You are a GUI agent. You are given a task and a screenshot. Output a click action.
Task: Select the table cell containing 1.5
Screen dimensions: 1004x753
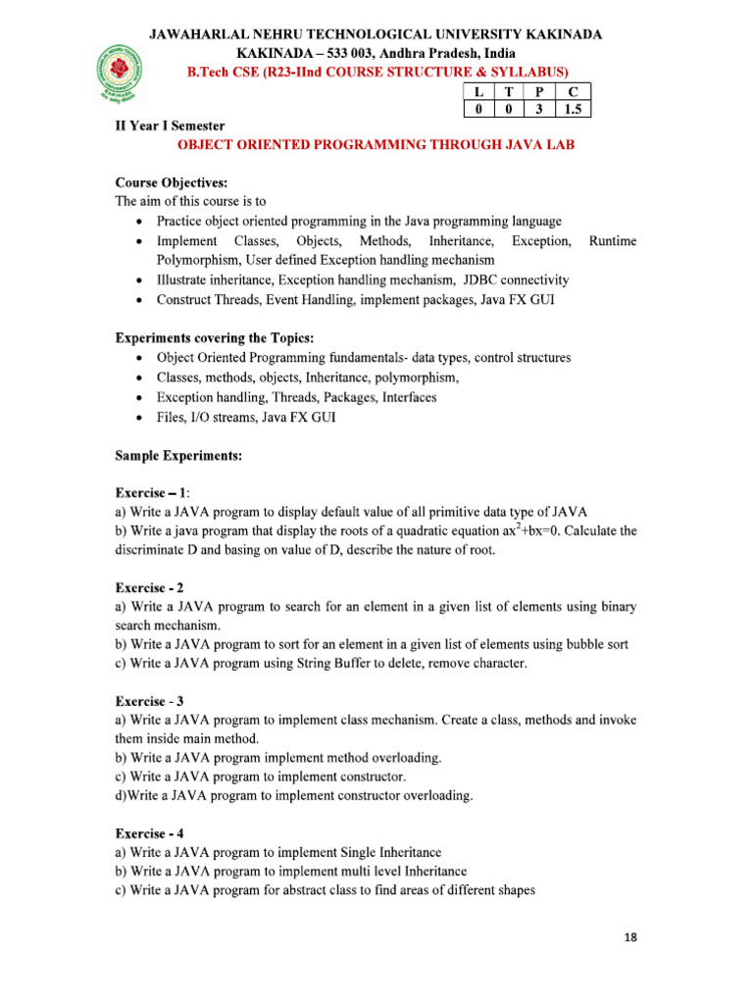pos(572,110)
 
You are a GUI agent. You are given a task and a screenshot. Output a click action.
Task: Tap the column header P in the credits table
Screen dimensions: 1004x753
pos(538,92)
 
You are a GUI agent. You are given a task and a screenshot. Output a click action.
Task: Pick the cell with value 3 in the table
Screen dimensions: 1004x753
pos(538,110)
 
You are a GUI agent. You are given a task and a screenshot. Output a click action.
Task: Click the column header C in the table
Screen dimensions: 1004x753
pos(572,92)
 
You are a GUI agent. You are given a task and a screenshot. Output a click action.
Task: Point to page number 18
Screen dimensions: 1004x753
pos(629,937)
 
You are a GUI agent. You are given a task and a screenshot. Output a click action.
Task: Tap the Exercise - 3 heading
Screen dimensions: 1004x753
pos(150,701)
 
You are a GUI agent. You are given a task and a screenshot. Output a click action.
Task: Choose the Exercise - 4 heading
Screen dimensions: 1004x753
pos(150,833)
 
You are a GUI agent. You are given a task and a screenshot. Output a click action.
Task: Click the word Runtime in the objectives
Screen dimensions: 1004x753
pos(613,241)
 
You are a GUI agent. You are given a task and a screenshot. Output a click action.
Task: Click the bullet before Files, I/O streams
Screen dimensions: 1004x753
pos(143,417)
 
